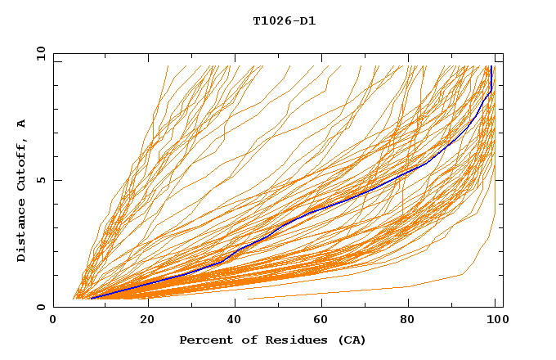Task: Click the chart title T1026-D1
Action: (x=284, y=20)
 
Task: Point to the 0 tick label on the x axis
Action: (x=53, y=320)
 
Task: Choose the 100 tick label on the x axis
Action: (x=495, y=320)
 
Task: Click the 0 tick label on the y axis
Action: (x=40, y=307)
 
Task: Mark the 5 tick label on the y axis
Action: (x=40, y=180)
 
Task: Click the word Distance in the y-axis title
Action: (x=22, y=234)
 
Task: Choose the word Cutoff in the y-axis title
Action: (x=22, y=164)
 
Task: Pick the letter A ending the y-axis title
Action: (x=22, y=124)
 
